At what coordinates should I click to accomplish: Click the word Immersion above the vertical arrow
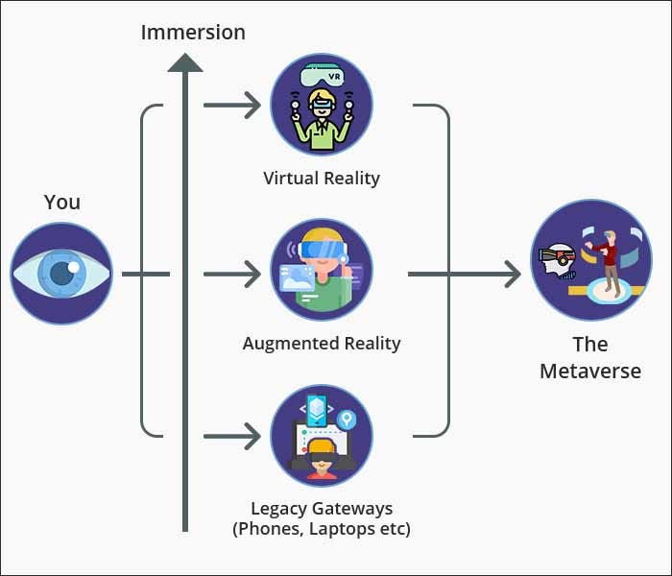coord(193,32)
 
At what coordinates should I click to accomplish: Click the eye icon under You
coord(61,274)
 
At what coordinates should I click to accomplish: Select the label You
coord(62,202)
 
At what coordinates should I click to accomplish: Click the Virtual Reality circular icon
coord(322,105)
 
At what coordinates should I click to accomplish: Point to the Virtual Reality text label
coord(322,178)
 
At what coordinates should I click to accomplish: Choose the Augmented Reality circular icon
coord(322,270)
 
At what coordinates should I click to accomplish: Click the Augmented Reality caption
coord(322,343)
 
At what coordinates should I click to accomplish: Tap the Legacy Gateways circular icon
coord(322,435)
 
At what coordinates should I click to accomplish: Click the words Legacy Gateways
coord(322,508)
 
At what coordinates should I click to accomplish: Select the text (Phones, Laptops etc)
coord(322,528)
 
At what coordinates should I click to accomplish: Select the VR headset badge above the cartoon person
coord(322,73)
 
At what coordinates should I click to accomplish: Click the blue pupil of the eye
coord(61,274)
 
